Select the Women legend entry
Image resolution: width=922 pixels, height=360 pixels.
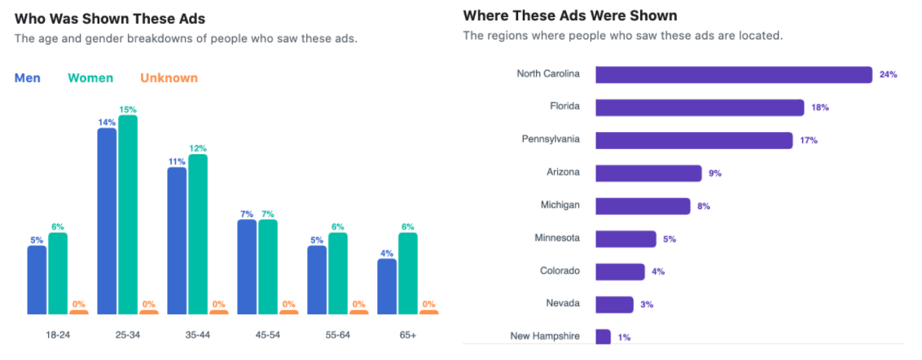tap(90, 78)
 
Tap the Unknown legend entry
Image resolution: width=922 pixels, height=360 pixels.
tap(169, 78)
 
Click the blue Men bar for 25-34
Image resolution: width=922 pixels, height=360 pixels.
tap(107, 221)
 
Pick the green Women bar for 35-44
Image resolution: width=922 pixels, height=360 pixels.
tap(198, 234)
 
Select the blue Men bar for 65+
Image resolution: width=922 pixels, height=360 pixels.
tap(387, 286)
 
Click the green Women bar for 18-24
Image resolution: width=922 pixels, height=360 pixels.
tap(58, 273)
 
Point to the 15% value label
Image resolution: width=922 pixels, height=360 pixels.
tap(128, 109)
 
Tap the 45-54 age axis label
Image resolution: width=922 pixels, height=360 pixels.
tap(268, 335)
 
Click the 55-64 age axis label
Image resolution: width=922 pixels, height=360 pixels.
tap(338, 335)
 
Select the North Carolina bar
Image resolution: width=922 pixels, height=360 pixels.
tap(734, 75)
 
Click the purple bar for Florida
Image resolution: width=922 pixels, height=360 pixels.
tap(700, 108)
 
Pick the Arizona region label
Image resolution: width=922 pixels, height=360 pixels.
tap(563, 172)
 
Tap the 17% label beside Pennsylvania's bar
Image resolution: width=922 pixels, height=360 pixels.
tap(809, 140)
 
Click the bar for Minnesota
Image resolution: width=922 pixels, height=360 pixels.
tap(626, 239)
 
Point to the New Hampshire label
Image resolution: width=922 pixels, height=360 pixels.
tap(545, 336)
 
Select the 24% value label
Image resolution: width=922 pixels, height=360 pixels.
tap(888, 75)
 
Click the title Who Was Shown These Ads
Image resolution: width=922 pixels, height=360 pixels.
tap(110, 18)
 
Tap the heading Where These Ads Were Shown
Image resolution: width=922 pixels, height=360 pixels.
tap(570, 15)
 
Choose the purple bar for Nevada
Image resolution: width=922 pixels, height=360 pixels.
tap(614, 305)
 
